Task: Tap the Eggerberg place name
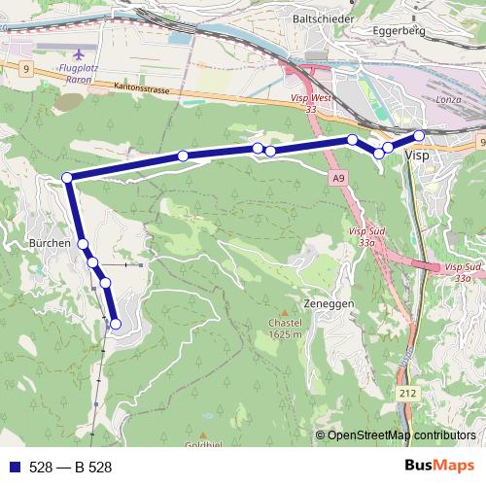[401, 30]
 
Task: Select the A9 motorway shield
[337, 179]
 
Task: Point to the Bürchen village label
[49, 243]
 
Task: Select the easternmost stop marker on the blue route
[419, 136]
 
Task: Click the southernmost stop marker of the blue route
[116, 324]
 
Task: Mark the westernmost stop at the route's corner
[67, 178]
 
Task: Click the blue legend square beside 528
[14, 467]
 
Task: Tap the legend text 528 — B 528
[70, 467]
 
